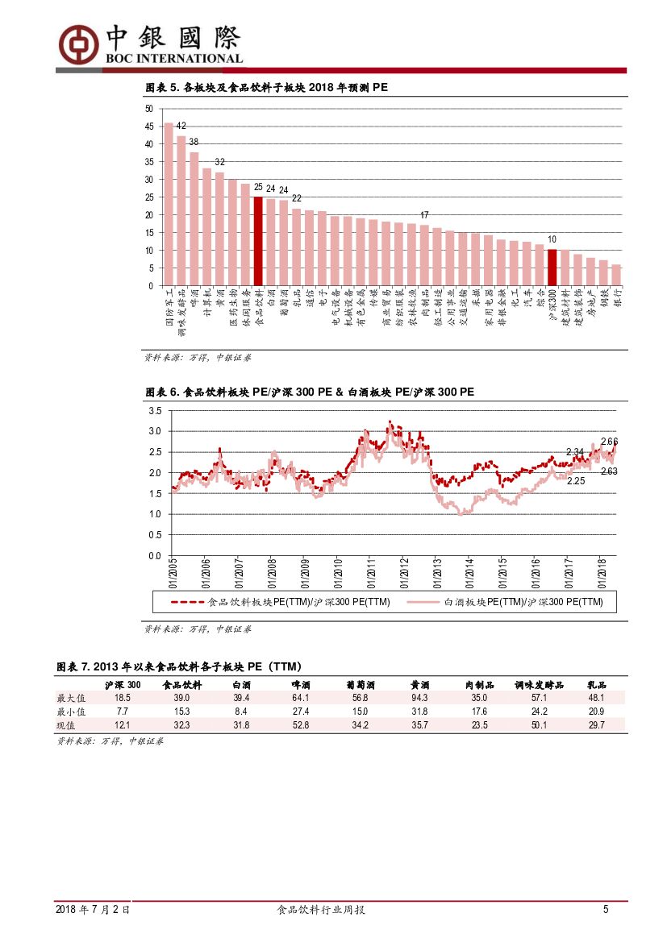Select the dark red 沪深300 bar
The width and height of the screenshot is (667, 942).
coord(552,268)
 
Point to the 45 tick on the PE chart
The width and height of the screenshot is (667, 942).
coord(148,127)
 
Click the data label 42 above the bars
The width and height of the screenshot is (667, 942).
coord(181,126)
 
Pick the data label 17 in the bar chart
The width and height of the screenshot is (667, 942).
coord(424,215)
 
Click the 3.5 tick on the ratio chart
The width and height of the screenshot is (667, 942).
coord(155,411)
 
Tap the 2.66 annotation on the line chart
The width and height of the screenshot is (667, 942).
coord(609,442)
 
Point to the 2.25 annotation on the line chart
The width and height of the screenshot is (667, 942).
coord(576,481)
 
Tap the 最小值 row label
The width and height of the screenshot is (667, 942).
coord(70,712)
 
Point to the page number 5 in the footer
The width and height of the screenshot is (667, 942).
coord(605,910)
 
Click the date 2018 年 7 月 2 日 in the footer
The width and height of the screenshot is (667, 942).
coord(93,910)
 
